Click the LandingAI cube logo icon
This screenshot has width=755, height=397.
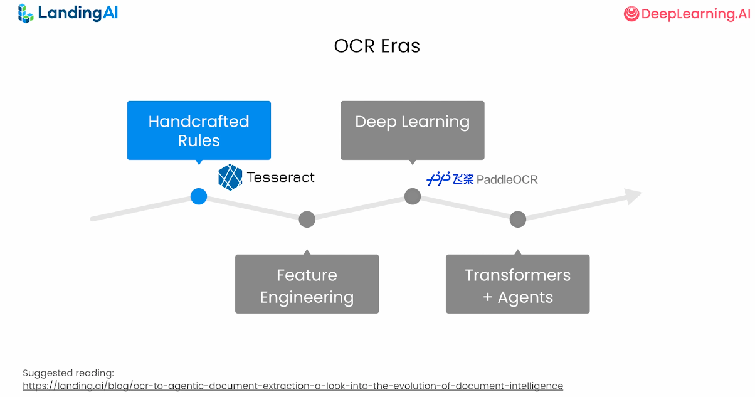[x=26, y=13]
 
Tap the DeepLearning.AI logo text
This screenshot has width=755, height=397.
[x=695, y=14]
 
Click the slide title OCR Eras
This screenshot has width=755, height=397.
[x=377, y=46]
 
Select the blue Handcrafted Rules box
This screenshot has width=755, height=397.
[x=199, y=130]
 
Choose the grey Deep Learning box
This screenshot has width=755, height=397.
[x=412, y=130]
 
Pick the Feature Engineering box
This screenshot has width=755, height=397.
[x=307, y=283]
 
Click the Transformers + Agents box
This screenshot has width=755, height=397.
[x=517, y=283]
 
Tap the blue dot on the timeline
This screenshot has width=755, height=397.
[x=199, y=196]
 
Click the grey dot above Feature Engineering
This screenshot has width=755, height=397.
[x=307, y=219]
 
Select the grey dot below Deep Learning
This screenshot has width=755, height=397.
[x=412, y=196]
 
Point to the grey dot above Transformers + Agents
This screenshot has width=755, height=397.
[x=517, y=219]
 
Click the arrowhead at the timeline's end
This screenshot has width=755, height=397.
[x=634, y=196]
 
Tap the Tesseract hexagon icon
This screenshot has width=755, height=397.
[x=230, y=177]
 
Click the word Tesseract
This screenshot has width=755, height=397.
[x=281, y=177]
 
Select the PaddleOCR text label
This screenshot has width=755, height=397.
[x=507, y=179]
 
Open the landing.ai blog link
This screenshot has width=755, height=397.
[x=293, y=386]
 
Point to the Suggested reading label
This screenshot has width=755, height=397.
[x=68, y=373]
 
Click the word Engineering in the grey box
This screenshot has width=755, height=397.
[x=307, y=297]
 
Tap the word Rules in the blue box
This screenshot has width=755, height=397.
[x=199, y=140]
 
